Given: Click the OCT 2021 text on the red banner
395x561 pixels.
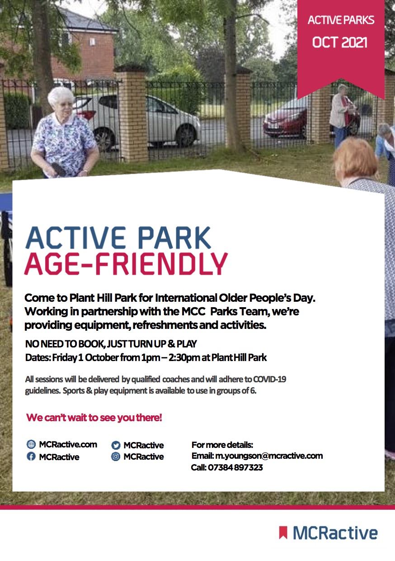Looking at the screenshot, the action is pos(340,43).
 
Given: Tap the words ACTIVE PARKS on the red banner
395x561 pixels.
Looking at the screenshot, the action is pos(341,20).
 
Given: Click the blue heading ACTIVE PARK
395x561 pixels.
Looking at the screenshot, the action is pos(118,237).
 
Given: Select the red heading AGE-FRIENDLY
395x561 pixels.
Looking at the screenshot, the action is pos(126,264).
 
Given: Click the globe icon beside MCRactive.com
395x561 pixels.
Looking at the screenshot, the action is pos(31,444).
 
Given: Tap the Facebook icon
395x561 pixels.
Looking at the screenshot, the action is pos(31,456).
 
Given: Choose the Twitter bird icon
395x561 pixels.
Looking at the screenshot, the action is pos(116,445).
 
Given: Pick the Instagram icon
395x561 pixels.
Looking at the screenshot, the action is pos(116,456).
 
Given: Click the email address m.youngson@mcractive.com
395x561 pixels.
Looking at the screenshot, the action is pos(269,456).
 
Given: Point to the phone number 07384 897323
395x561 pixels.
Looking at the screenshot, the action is pos(235,467).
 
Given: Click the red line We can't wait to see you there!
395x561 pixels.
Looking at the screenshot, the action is pos(94,418).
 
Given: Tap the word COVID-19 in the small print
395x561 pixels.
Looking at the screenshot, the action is pos(269,379).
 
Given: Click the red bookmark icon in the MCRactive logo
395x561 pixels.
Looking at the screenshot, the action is pos(283,532).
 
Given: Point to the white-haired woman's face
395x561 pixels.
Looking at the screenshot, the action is pos(64,105).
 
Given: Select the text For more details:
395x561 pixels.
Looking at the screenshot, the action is pos(222,445).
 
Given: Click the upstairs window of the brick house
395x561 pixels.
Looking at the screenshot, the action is pos(92,41).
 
